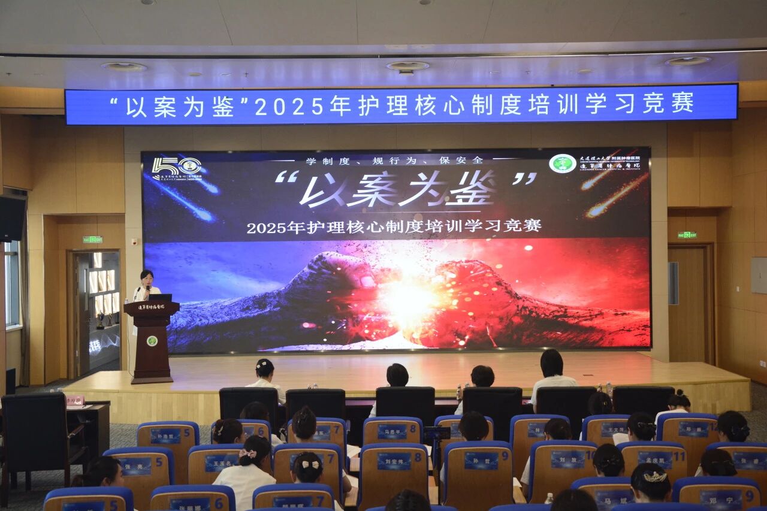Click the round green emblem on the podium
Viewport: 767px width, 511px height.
(x=152, y=340)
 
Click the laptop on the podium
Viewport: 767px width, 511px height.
(x=160, y=297)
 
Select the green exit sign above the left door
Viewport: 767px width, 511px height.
(x=92, y=240)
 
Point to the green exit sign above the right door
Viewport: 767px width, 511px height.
(x=687, y=235)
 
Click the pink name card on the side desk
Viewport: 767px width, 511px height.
(x=75, y=400)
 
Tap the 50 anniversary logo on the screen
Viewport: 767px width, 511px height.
(x=176, y=167)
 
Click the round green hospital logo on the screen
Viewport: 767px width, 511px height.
(x=562, y=164)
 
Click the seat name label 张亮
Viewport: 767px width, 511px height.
(x=136, y=465)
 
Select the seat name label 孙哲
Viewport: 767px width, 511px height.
(x=481, y=460)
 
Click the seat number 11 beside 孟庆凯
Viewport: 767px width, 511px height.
(x=678, y=456)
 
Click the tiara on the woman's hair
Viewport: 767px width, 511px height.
(x=654, y=476)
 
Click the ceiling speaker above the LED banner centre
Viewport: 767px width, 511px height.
(x=407, y=66)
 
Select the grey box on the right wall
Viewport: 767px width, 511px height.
(x=759, y=275)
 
